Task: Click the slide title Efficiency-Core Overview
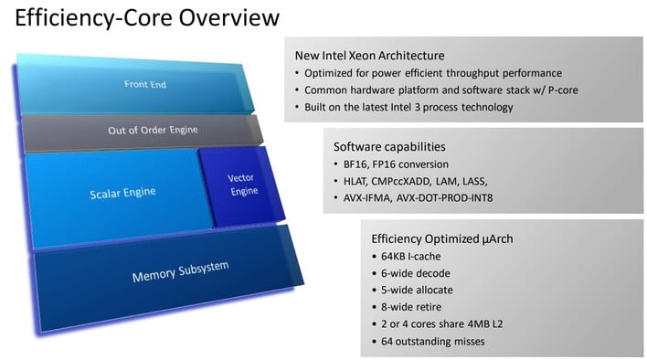147,18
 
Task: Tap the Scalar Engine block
122,192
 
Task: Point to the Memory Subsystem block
180,271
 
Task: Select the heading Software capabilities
388,146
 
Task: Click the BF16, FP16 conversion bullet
399,164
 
